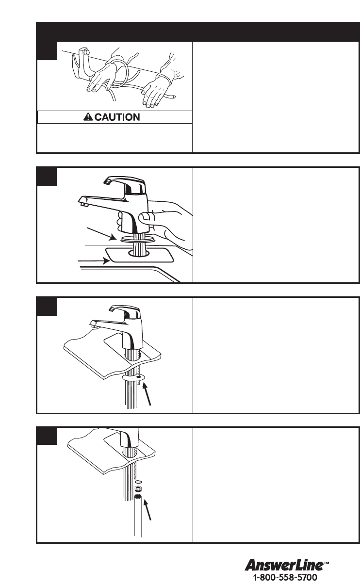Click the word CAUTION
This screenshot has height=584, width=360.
[x=117, y=117]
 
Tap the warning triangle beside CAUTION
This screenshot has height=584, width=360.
[x=88, y=117]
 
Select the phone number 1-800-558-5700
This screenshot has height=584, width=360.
[x=285, y=577]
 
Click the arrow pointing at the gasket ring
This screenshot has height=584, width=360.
[x=101, y=234]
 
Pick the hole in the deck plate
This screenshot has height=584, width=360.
[x=139, y=252]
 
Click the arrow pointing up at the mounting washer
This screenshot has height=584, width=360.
[x=147, y=393]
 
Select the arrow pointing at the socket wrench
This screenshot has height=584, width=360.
[x=147, y=509]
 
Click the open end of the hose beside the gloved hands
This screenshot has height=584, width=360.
[x=174, y=97]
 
